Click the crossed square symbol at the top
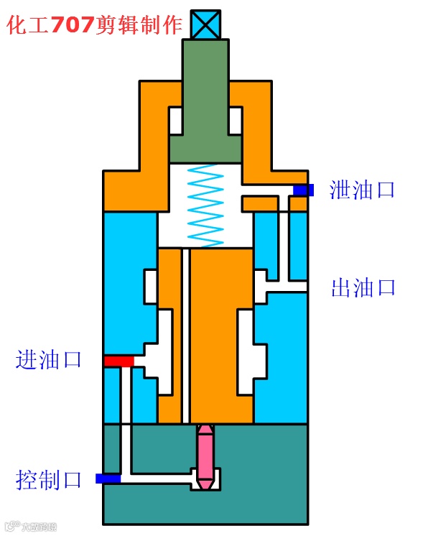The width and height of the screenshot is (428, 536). [x=205, y=24]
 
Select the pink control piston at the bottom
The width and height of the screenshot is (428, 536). [x=206, y=456]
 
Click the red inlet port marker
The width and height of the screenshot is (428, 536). [x=118, y=361]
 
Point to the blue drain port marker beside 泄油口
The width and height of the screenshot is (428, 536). [x=303, y=190]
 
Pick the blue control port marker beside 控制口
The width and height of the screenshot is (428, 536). [x=108, y=479]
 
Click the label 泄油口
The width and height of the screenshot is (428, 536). [x=363, y=190]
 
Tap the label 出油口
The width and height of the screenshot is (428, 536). [x=363, y=288]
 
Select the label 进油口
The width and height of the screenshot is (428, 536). [x=49, y=359]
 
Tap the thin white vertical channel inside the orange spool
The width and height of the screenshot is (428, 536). [x=185, y=338]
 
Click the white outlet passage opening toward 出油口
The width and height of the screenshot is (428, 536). [x=287, y=287]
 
